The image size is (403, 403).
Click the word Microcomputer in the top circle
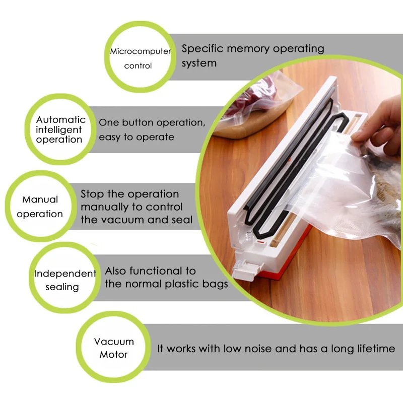[141, 51]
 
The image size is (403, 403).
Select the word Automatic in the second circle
[61, 120]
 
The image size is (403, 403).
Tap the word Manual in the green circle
[40, 199]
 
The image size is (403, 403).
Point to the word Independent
[65, 274]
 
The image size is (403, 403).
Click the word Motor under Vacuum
[113, 354]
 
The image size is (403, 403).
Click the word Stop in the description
[92, 194]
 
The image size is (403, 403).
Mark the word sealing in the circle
[62, 287]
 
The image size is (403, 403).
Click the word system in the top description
[199, 63]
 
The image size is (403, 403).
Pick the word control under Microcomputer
[138, 66]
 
